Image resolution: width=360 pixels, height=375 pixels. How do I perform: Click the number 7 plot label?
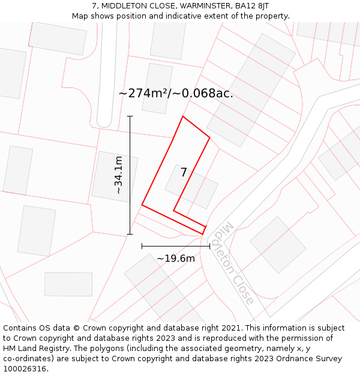[x=184, y=173]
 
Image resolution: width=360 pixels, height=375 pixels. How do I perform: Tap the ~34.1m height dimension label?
[x=119, y=175]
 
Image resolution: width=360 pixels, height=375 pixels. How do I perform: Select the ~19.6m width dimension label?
[x=176, y=259]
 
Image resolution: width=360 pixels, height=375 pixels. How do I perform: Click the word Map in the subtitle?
[x=81, y=16]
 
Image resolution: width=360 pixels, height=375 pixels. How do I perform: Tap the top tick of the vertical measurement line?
[x=130, y=116]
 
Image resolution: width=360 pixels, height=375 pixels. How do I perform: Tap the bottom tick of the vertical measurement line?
[x=130, y=234]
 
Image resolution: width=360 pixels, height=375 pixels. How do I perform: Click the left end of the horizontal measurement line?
[x=142, y=246]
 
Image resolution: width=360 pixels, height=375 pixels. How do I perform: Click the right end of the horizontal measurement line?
[x=209, y=246]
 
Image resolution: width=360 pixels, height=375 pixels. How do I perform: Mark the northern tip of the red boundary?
[x=183, y=116]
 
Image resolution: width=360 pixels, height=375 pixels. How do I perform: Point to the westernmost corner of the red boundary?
[x=142, y=205]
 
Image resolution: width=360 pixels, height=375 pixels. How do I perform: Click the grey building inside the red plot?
[x=191, y=187]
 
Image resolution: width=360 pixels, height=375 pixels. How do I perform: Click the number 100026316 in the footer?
[x=24, y=369]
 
